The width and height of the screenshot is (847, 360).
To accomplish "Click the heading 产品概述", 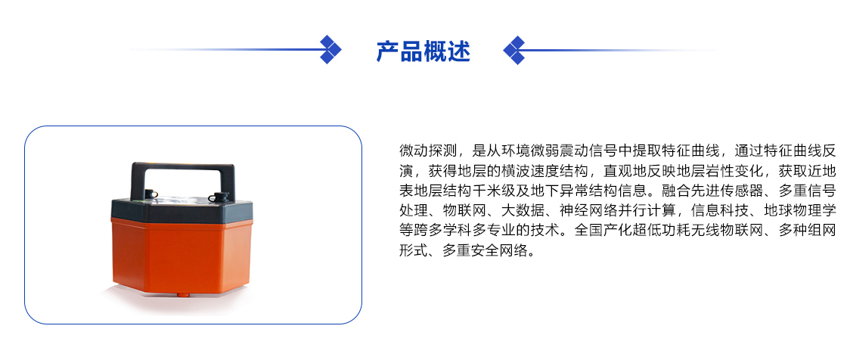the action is coord(423,51).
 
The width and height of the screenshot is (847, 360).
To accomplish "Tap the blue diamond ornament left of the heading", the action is coord(330,50).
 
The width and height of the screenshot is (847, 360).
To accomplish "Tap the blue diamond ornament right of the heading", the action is coord(514,50).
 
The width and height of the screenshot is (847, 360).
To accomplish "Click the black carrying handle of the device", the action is coord(183,178).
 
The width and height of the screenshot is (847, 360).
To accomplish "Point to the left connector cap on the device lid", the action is coord(150,194).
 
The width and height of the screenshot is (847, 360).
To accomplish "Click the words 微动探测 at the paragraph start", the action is coord(428,150).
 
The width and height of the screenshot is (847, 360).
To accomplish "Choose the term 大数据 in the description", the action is coord(523,210).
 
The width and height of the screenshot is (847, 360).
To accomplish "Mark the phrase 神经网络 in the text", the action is coord(589,210).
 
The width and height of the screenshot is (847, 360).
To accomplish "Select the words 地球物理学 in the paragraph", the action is coord(801,210).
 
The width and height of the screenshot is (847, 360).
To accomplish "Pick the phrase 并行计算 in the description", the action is coord(647,210).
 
